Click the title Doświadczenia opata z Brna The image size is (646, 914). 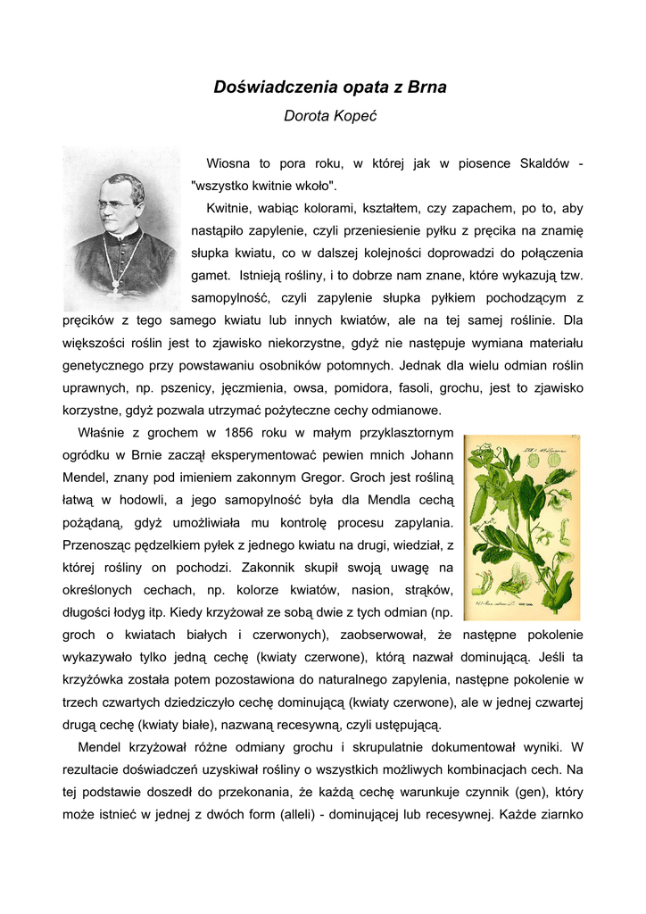pos(330,87)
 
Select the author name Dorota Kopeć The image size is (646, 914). pos(329,116)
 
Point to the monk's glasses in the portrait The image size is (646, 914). pos(116,205)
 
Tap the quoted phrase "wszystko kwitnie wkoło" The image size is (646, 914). pos(263,186)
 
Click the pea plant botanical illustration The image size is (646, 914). pos(522,528)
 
